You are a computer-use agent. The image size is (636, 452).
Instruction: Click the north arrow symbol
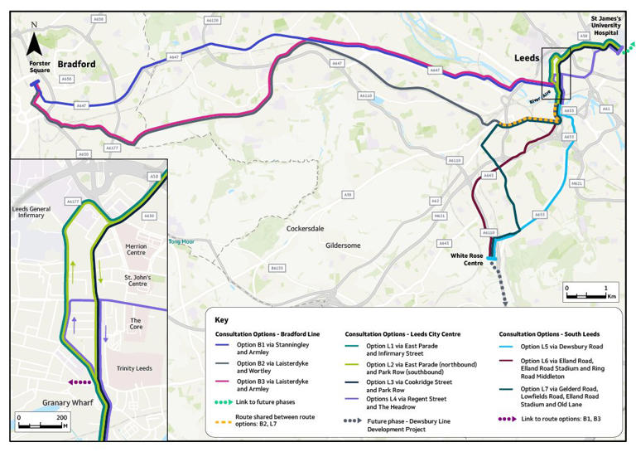[x=33, y=42]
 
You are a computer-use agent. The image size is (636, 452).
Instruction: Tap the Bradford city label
[x=77, y=64]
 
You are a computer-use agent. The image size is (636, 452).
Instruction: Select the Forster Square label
[x=40, y=69]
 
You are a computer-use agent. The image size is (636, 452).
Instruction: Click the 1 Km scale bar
[x=589, y=293]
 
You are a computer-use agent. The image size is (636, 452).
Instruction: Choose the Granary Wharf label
[x=46, y=401]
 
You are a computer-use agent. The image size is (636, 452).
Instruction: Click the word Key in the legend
[x=221, y=318]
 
